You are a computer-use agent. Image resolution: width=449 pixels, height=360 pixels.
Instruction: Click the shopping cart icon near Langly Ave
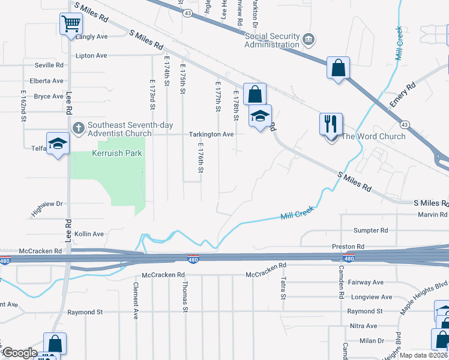point(71,24)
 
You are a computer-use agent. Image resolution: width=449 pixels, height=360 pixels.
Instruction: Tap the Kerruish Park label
point(117,153)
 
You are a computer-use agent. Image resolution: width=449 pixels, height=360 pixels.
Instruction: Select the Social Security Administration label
point(272,40)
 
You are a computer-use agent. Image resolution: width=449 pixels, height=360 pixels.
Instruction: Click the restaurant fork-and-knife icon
point(331,124)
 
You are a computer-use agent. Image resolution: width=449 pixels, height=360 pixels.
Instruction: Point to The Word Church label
point(373,136)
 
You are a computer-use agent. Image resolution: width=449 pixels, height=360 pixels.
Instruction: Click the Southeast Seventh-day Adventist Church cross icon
point(79,127)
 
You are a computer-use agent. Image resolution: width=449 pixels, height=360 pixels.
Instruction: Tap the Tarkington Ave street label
point(211,134)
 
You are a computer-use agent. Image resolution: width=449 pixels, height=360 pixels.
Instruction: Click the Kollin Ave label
point(89,233)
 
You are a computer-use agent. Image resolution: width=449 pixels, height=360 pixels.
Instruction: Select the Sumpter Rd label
point(370,230)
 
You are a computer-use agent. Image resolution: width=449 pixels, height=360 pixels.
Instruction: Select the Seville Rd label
point(49,65)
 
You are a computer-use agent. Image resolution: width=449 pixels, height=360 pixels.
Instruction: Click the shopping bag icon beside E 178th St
point(255,94)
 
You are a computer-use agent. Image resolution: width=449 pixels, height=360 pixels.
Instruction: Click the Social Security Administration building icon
point(309,40)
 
